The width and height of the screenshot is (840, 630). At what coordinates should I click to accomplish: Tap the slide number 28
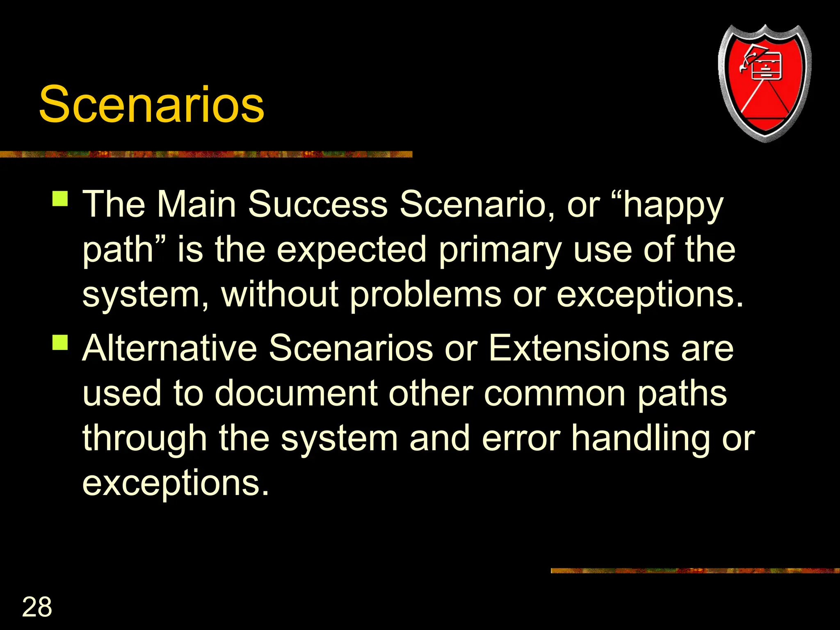(37, 607)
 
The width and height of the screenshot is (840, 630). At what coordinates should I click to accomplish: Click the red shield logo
(765, 82)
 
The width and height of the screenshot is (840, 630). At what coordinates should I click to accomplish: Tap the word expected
(352, 250)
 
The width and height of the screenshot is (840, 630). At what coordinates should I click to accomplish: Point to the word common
(555, 394)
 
